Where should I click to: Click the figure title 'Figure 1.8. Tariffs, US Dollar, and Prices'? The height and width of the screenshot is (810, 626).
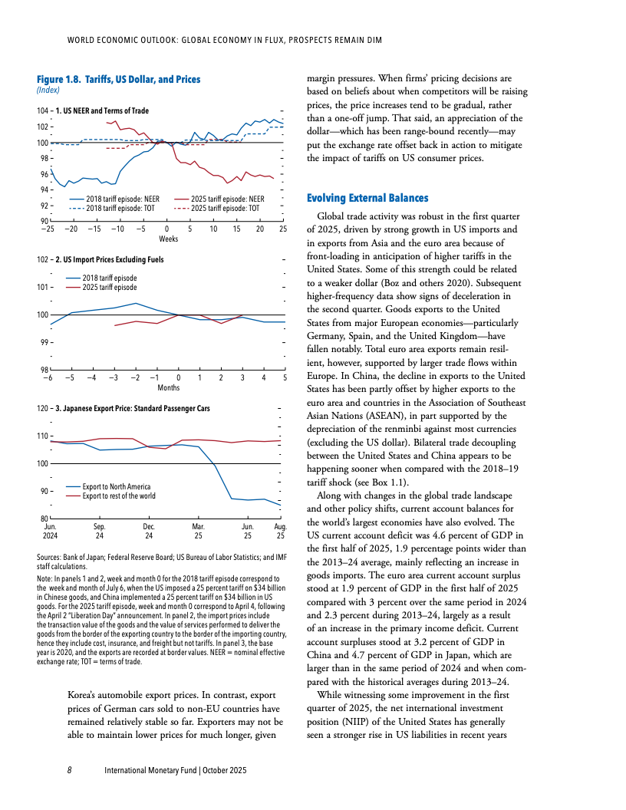coord(118,79)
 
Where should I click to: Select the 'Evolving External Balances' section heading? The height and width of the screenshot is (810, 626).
coord(362,198)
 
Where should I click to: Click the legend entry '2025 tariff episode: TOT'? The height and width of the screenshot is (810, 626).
coord(225,208)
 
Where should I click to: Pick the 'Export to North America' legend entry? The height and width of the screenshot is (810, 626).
coord(117,486)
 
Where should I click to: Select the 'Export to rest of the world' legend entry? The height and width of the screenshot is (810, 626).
coord(119,496)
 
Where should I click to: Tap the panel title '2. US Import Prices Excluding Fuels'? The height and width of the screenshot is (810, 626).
coord(110,259)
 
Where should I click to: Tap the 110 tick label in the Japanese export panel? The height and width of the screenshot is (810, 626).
coord(43,436)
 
